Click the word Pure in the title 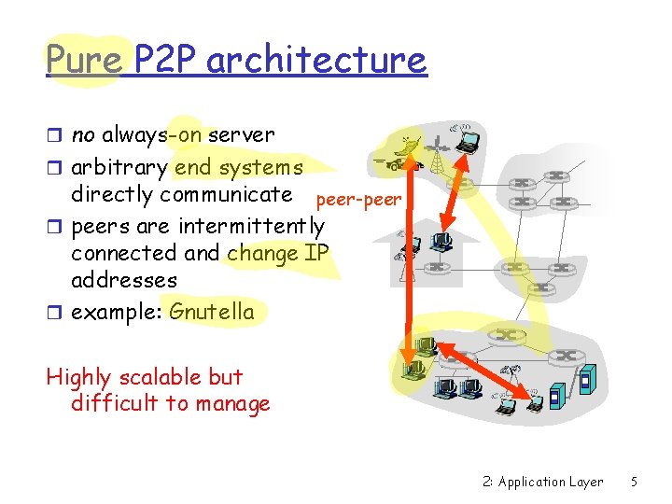[83, 61]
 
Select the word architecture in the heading [316, 61]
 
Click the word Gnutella [211, 311]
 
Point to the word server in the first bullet [241, 135]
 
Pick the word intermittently [251, 226]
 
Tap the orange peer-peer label [358, 200]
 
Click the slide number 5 [634, 482]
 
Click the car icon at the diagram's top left [395, 164]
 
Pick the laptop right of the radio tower [467, 141]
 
